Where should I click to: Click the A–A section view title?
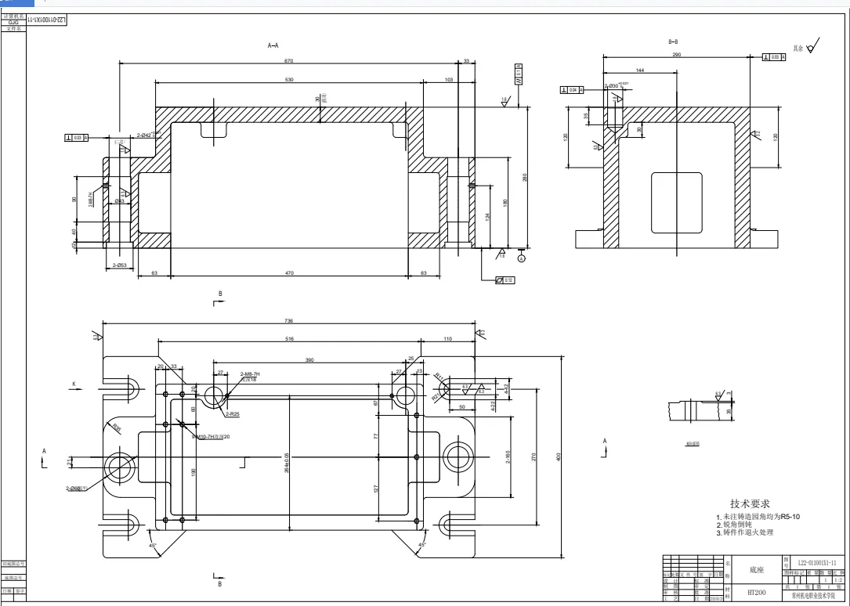click(x=273, y=46)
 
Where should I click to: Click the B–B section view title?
click(x=673, y=41)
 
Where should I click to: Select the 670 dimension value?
click(x=289, y=61)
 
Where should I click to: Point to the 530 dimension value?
click(x=289, y=80)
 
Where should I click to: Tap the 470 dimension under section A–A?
click(x=289, y=273)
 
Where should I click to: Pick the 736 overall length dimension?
click(x=289, y=321)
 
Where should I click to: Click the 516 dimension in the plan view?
click(x=289, y=340)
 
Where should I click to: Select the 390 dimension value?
click(x=309, y=359)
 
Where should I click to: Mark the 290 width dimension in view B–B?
click(x=677, y=55)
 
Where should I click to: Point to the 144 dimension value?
click(x=639, y=71)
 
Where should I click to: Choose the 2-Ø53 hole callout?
click(x=120, y=265)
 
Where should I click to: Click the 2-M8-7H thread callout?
click(x=250, y=374)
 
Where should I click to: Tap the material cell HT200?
click(x=756, y=593)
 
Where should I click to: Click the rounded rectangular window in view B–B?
click(x=676, y=203)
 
